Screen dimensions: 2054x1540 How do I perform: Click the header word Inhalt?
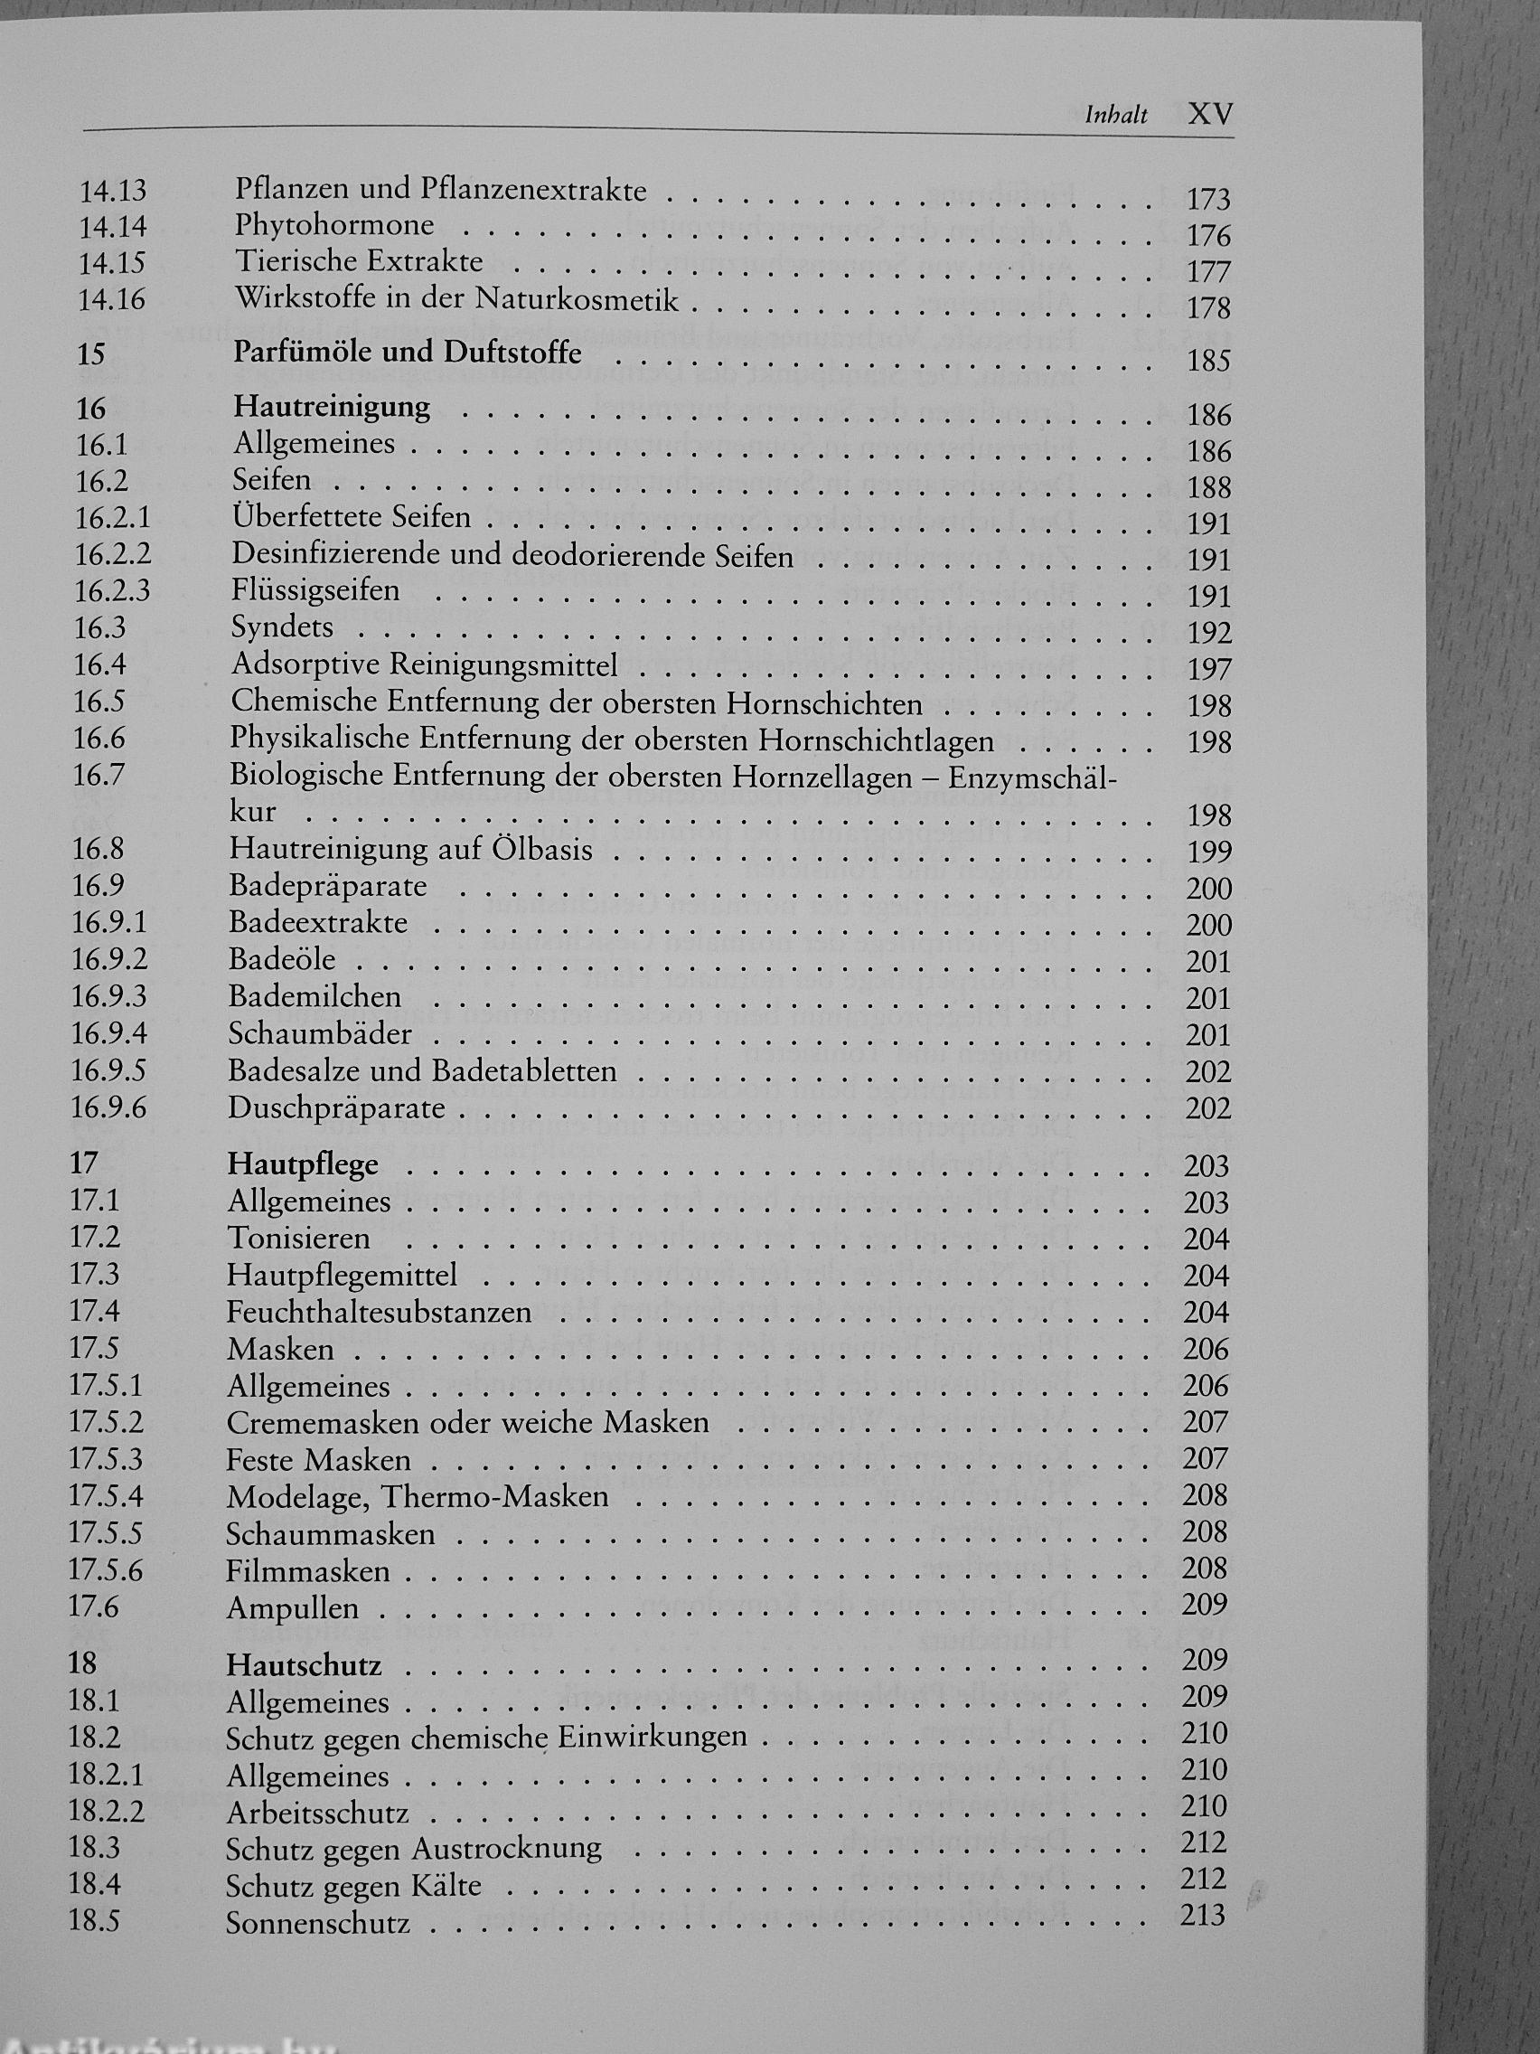coord(1116,115)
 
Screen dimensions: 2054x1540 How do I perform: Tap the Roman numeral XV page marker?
coord(1210,114)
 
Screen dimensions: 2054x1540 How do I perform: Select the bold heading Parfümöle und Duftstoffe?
coord(408,353)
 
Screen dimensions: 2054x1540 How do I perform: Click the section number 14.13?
coord(112,191)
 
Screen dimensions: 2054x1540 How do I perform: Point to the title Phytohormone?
coord(334,226)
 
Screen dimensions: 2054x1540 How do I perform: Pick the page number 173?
coord(1207,200)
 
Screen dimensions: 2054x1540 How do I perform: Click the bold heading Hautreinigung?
coord(332,407)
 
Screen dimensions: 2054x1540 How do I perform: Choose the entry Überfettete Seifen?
coord(351,517)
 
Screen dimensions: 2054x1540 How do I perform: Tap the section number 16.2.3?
coord(111,590)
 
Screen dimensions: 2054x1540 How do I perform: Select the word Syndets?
coord(282,627)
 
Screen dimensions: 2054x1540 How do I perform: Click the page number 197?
coord(1208,670)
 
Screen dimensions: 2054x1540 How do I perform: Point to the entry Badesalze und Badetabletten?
coord(422,1070)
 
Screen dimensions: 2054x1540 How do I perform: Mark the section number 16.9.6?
coord(108,1107)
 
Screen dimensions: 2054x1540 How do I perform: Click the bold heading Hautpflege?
coord(303,1164)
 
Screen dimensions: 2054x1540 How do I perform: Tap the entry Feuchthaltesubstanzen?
coord(379,1312)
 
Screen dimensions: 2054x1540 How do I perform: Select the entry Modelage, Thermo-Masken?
coord(417,1497)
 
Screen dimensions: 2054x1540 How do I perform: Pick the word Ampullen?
coord(292,1608)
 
